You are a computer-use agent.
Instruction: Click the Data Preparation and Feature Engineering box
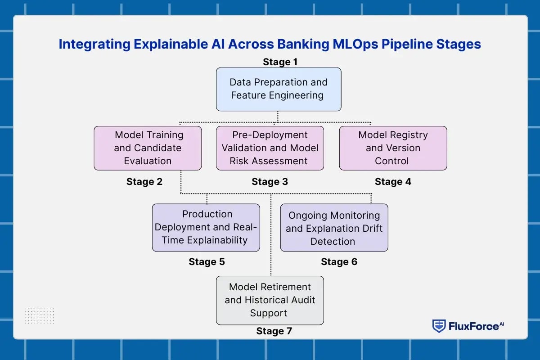click(x=278, y=89)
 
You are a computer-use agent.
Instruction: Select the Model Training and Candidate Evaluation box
click(x=148, y=148)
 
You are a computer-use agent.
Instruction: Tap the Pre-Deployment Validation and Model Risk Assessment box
click(x=270, y=148)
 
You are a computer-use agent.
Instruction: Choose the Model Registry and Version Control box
click(x=393, y=148)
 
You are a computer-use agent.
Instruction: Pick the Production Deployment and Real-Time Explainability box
click(x=206, y=227)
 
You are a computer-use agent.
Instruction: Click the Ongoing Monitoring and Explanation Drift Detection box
click(x=334, y=228)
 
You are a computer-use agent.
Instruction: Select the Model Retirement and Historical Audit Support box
click(x=270, y=300)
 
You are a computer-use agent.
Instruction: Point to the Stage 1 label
click(x=280, y=62)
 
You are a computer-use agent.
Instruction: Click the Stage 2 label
click(x=144, y=182)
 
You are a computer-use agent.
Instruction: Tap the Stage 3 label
click(x=270, y=182)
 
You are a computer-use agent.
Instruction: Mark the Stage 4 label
click(x=393, y=182)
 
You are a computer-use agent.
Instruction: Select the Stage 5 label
click(x=207, y=262)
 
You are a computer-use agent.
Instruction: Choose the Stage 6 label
click(x=339, y=262)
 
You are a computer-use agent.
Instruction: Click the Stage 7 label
click(x=274, y=331)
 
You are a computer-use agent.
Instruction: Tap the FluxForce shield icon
click(x=439, y=326)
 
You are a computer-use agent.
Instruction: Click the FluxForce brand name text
click(x=473, y=326)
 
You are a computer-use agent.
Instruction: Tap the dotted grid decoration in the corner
click(x=40, y=316)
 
